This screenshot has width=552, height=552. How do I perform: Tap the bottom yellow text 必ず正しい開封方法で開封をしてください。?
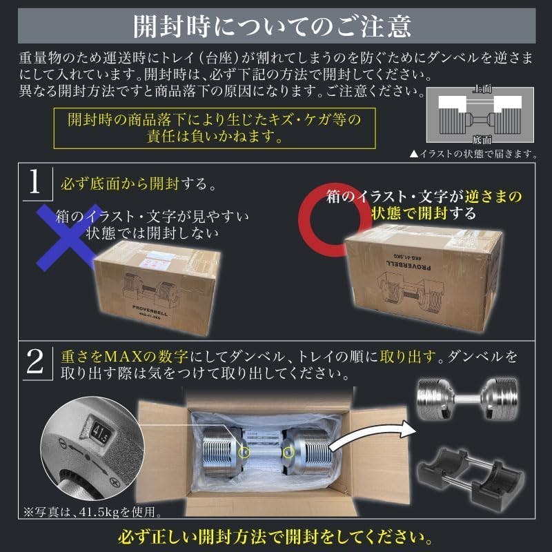click(x=275, y=536)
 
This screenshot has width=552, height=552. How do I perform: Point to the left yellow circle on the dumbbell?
click(x=243, y=453)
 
